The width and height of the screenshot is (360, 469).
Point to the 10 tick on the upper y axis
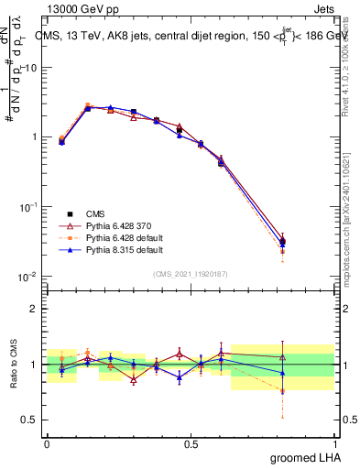tap(31, 67)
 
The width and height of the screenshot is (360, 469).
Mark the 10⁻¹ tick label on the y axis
tap(29, 207)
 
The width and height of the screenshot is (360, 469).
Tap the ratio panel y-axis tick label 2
tap(35, 309)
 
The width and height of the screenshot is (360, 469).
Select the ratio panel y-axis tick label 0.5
tap(31, 420)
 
